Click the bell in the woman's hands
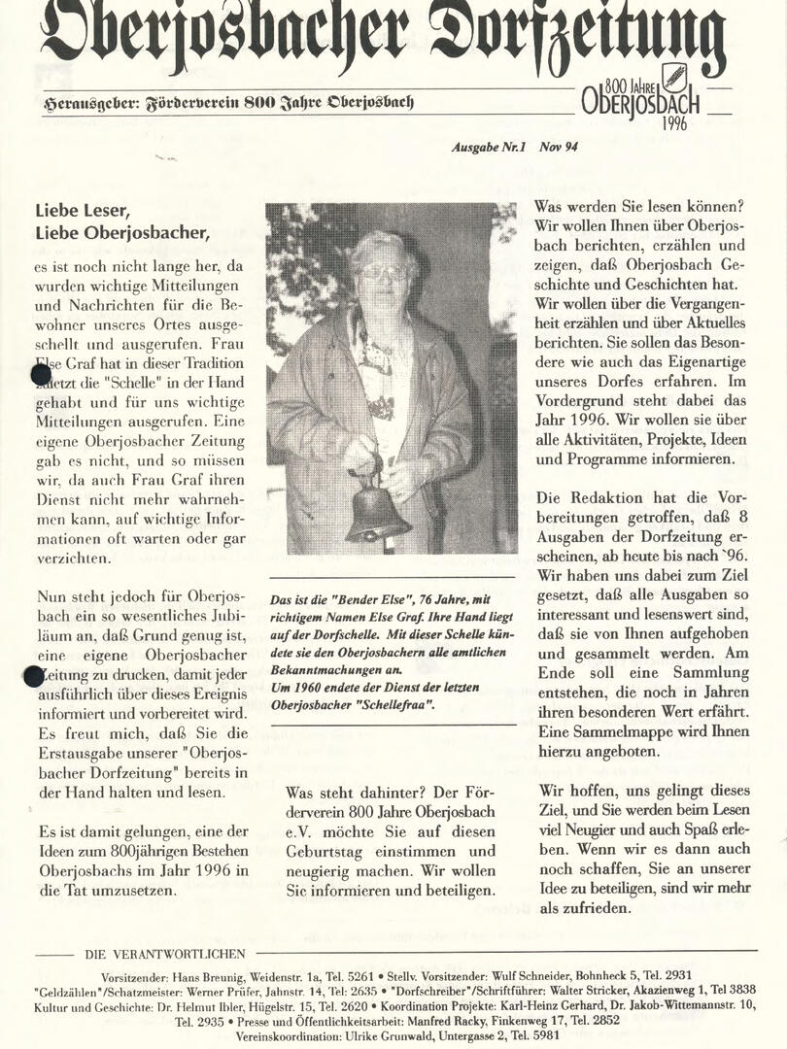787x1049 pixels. pyautogui.click(x=377, y=511)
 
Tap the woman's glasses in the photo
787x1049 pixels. pyautogui.click(x=384, y=272)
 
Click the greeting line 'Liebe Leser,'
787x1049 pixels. pyautogui.click(x=82, y=210)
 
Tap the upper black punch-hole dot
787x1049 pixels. pyautogui.click(x=40, y=374)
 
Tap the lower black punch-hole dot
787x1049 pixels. pyautogui.click(x=34, y=675)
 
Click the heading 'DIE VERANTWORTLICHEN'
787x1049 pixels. pyautogui.click(x=165, y=954)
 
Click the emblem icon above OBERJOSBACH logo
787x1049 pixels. pyautogui.click(x=673, y=77)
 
